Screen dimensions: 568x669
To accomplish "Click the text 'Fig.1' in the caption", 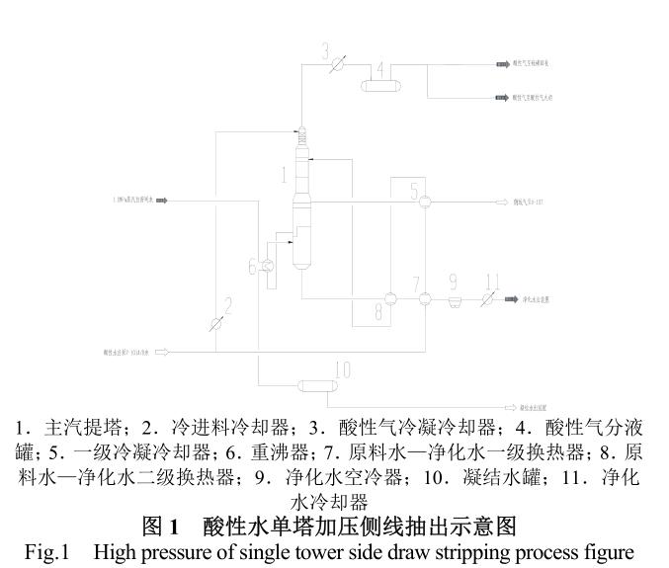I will (x=46, y=551).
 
